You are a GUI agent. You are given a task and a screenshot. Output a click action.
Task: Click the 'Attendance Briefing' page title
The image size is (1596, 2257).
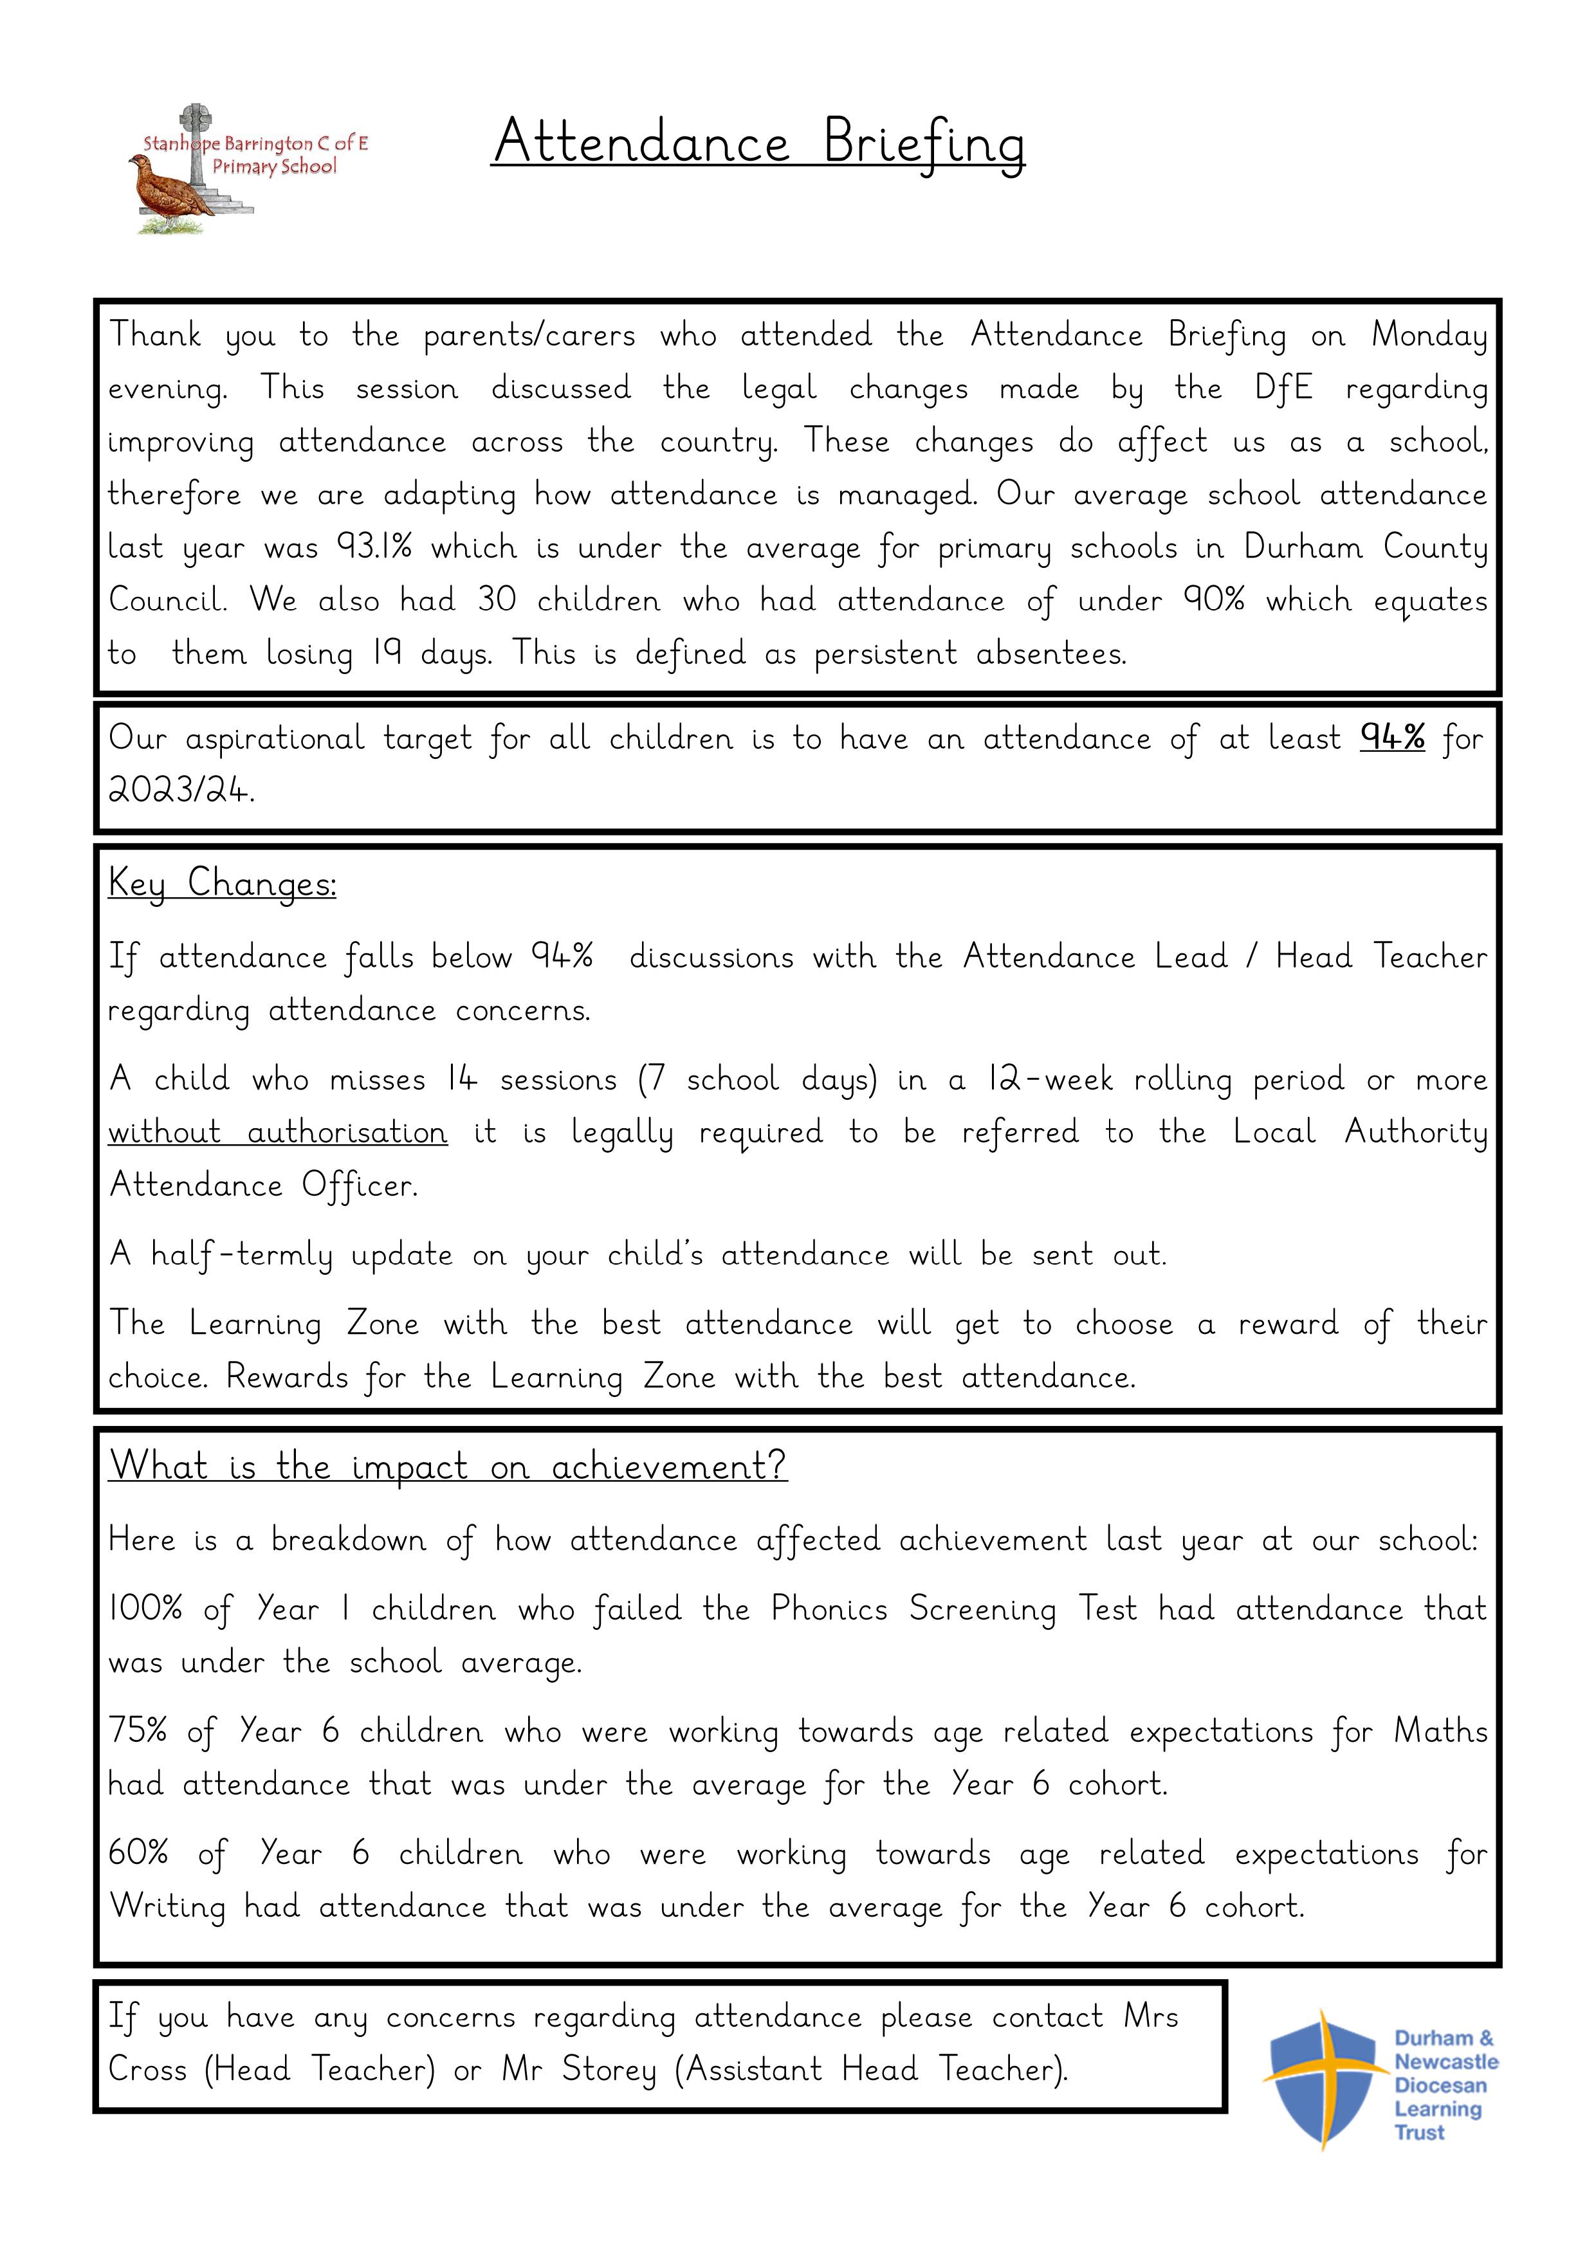click(x=758, y=143)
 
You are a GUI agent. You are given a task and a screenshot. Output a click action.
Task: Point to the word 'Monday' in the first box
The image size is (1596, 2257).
click(x=1429, y=335)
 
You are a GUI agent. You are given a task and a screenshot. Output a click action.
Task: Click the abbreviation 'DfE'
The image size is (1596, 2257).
click(x=1283, y=388)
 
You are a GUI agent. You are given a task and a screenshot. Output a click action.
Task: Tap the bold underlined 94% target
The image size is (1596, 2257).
click(x=1393, y=737)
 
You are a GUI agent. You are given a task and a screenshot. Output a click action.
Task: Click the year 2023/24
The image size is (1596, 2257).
click(x=180, y=790)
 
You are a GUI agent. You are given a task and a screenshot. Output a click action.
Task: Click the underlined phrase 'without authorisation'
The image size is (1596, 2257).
click(x=277, y=1133)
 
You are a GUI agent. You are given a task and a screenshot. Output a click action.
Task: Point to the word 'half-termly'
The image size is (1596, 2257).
click(x=242, y=1256)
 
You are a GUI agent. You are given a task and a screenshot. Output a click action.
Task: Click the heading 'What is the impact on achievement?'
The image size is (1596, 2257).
click(x=448, y=1467)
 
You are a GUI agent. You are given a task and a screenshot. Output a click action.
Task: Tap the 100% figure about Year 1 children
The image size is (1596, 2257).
click(x=145, y=1610)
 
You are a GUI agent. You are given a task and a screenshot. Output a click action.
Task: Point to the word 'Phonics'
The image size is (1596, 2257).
click(x=828, y=1610)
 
